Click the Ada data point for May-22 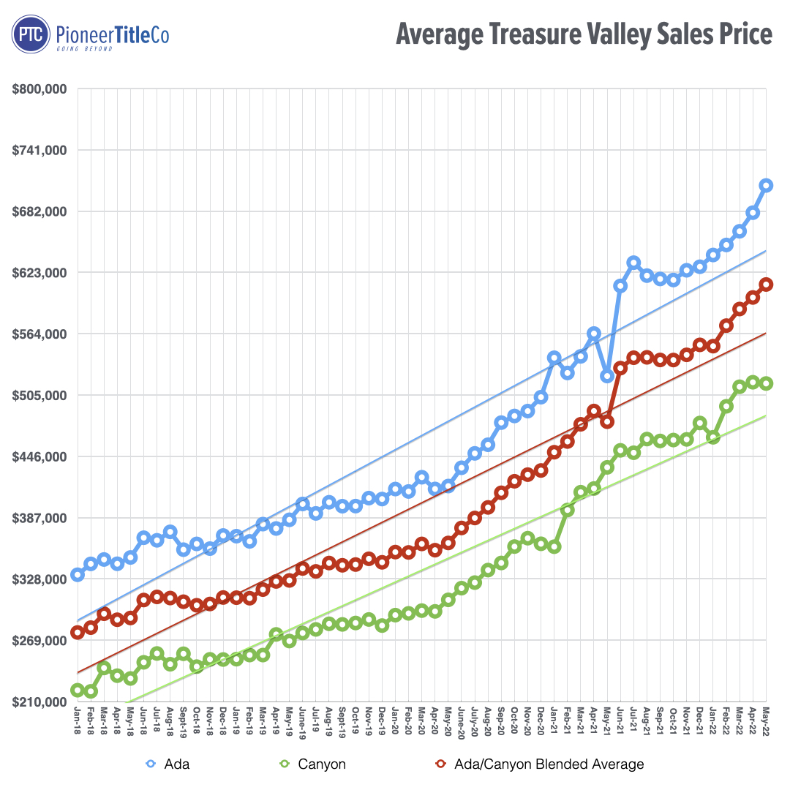(766, 185)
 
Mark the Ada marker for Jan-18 (78, 575)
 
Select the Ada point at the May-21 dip (607, 376)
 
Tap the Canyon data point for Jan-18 (78, 690)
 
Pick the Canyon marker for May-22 (766, 383)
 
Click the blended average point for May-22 (766, 285)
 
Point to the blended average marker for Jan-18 (78, 633)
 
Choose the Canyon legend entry (315, 764)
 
